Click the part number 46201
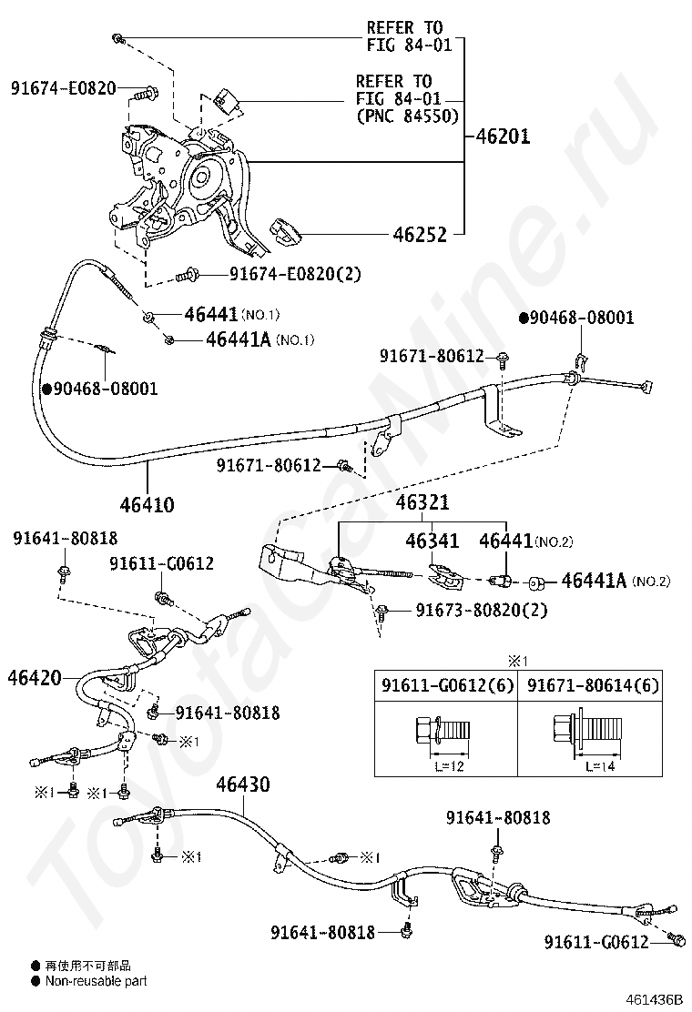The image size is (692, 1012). (x=504, y=137)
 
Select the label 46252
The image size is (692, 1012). (x=420, y=235)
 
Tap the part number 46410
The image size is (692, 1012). (x=146, y=503)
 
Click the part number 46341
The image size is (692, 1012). (x=432, y=541)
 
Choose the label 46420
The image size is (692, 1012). (x=35, y=677)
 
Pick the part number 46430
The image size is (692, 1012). (x=243, y=784)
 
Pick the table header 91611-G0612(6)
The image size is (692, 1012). (x=446, y=685)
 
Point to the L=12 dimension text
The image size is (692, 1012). (x=447, y=765)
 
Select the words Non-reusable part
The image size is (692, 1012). (x=96, y=981)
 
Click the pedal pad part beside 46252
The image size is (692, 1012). (x=286, y=232)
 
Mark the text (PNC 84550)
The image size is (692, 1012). (x=407, y=115)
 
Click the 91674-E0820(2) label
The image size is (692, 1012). (x=281, y=273)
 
